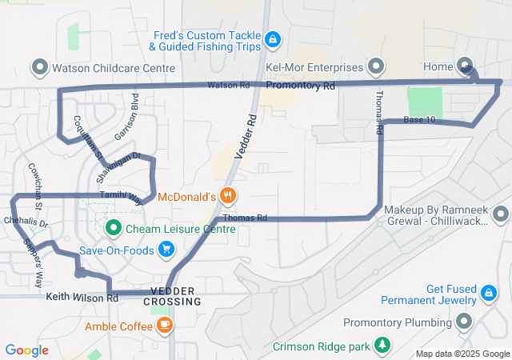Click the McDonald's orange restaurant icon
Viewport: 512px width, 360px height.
tap(228, 196)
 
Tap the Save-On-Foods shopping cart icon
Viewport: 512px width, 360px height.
tap(166, 250)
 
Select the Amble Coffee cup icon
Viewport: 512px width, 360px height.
tap(164, 325)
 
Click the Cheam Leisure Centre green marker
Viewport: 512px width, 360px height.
tap(113, 229)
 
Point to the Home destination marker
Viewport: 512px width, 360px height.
tap(466, 66)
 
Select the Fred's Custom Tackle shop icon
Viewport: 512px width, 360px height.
tap(273, 38)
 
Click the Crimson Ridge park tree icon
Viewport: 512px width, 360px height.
tap(383, 346)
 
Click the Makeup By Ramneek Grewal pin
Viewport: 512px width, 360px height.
tap(501, 214)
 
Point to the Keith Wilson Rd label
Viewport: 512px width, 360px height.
tap(82, 298)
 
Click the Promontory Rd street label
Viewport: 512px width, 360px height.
tap(300, 85)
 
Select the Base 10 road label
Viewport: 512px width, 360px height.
tap(420, 120)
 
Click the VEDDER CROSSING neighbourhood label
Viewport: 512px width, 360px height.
tap(173, 296)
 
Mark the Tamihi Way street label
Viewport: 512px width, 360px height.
tap(122, 195)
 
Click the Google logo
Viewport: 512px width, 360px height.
tap(27, 350)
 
